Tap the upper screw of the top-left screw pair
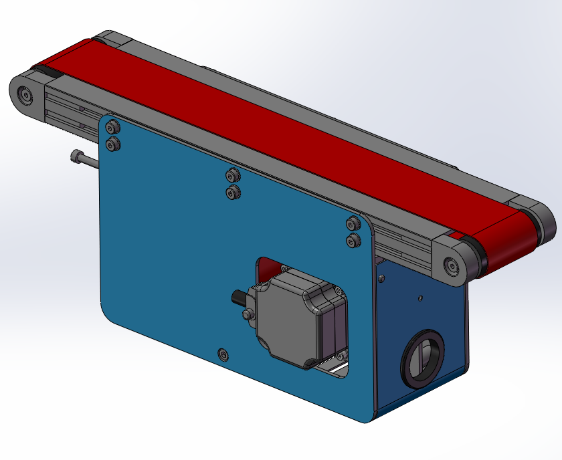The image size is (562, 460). pyautogui.click(x=113, y=126)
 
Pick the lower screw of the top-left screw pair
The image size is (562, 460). pyautogui.click(x=113, y=142)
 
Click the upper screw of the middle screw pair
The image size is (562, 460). pyautogui.click(x=233, y=176)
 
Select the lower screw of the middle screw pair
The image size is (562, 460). pyautogui.click(x=233, y=193)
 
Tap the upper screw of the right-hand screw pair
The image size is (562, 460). pyautogui.click(x=352, y=223)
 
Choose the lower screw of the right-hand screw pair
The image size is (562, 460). pyautogui.click(x=352, y=240)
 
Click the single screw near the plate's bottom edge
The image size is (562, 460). pyautogui.click(x=223, y=353)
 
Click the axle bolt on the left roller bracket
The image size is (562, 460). pyautogui.click(x=27, y=96)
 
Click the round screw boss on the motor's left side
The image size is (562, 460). pyautogui.click(x=249, y=313)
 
